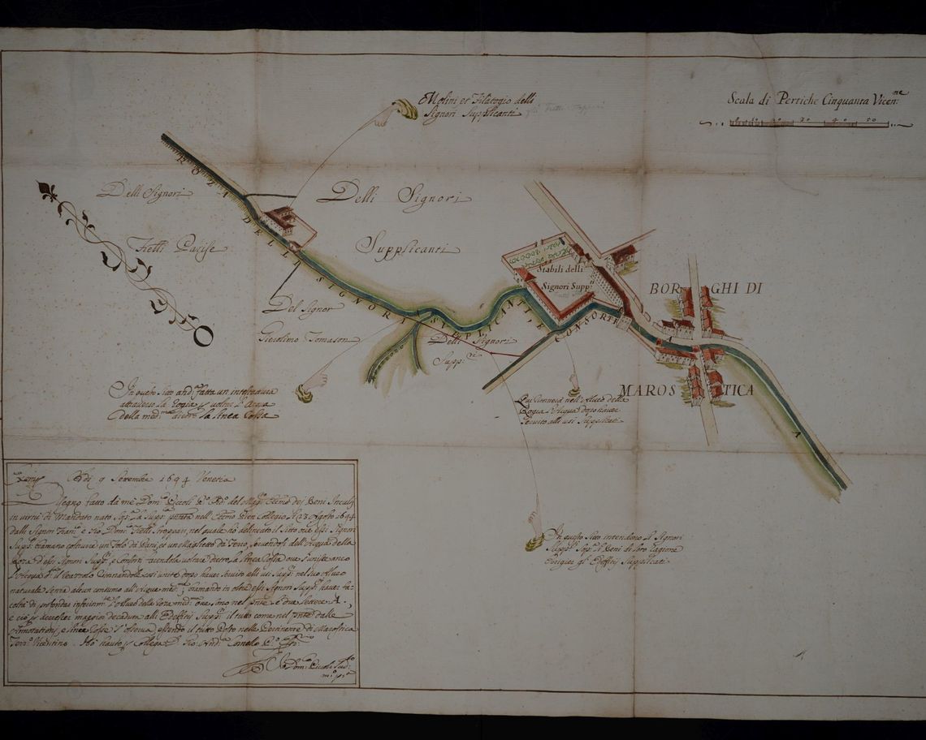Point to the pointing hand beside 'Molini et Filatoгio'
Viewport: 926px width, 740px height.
399,112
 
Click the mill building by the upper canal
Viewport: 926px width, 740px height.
281,218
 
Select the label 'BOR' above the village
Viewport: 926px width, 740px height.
663,290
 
